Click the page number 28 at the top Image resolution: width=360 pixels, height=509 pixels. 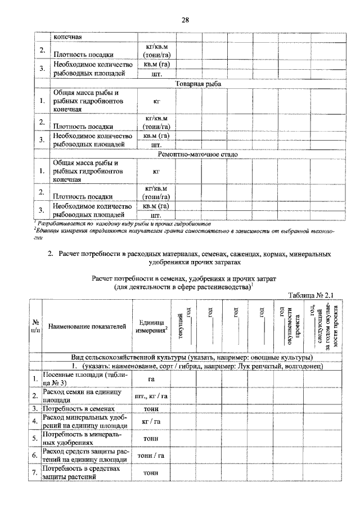pyautogui.click(x=184, y=21)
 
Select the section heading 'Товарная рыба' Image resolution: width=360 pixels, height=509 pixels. pyautogui.click(x=198, y=84)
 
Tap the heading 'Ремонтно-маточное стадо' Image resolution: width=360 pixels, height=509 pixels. pyautogui.click(x=198, y=154)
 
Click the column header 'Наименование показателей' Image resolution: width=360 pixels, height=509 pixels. pyautogui.click(x=87, y=326)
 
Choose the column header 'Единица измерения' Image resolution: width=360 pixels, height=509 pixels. pyautogui.click(x=151, y=326)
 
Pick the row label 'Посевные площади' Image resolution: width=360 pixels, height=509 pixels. pyautogui.click(x=84, y=379)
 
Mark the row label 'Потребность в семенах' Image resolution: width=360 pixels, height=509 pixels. pyautogui.click(x=79, y=408)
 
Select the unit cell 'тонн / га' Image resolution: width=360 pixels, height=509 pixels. pyautogui.click(x=151, y=455)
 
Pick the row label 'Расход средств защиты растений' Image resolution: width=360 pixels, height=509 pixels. pyautogui.click(x=86, y=455)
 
